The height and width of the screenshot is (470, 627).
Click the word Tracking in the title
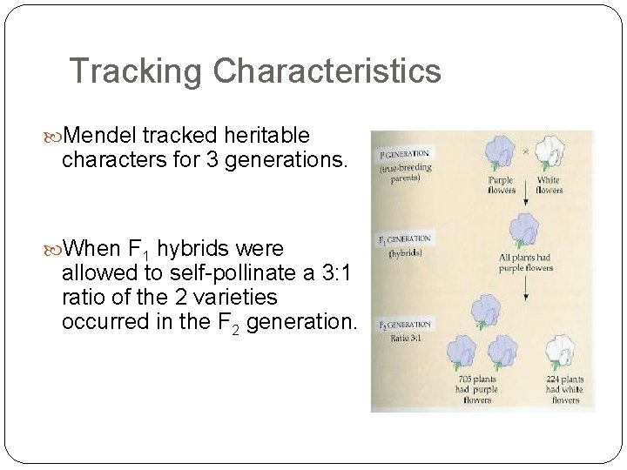click(137, 71)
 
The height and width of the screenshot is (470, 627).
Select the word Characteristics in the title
click(327, 71)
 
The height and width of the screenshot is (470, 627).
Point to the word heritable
click(266, 136)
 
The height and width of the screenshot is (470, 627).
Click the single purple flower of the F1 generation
click(525, 232)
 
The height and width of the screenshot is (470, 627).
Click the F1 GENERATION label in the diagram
click(404, 238)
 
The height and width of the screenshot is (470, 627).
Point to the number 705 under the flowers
click(462, 379)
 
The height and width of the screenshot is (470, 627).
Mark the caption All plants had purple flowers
click(526, 263)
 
